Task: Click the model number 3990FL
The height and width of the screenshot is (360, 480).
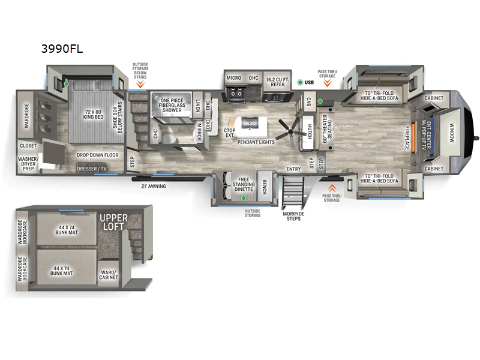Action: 62,49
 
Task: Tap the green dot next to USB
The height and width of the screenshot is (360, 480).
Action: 300,82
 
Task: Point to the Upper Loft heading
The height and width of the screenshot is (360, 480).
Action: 114,221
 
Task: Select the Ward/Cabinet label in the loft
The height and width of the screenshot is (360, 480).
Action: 109,275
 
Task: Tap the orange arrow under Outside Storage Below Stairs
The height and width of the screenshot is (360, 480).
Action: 140,84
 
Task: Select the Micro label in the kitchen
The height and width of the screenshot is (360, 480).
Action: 234,79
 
